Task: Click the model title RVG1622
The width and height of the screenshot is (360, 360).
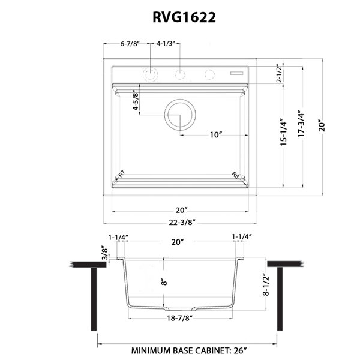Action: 184,17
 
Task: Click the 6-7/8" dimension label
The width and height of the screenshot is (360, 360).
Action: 130,44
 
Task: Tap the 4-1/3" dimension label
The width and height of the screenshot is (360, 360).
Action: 166,44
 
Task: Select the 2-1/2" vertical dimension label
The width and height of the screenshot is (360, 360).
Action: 279,73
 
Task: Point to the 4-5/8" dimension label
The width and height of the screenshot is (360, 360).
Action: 136,100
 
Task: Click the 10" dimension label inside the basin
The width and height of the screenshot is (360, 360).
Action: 216,135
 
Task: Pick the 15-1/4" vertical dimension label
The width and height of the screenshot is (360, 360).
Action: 284,132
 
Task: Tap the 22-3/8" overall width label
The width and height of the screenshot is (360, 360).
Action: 182,222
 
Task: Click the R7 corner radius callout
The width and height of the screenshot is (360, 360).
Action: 121,174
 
